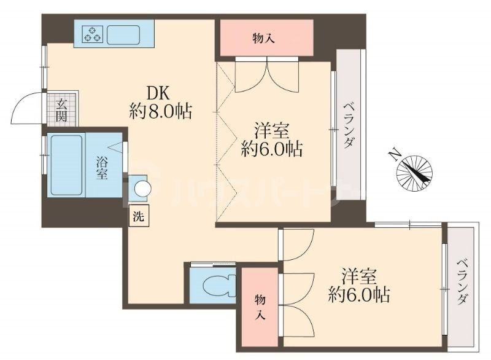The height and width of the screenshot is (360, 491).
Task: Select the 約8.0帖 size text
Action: click(x=161, y=112)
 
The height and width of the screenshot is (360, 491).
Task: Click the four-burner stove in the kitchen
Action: click(x=93, y=34)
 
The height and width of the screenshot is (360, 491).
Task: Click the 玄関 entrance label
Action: click(x=63, y=110)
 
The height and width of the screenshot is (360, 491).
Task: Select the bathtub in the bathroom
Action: click(x=66, y=164)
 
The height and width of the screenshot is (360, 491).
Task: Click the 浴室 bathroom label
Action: click(x=102, y=167)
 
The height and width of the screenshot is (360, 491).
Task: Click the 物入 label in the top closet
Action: click(x=264, y=39)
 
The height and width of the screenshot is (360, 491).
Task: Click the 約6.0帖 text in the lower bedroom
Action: click(x=358, y=295)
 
